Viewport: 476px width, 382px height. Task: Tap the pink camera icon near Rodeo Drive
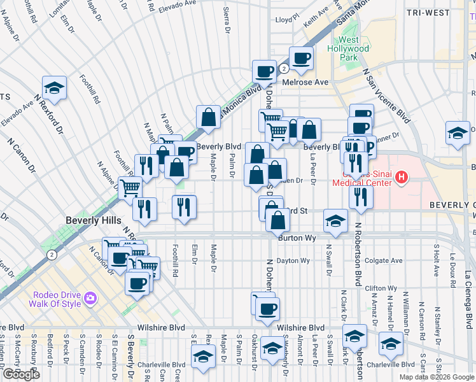click(90, 297)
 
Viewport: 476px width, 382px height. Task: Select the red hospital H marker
click(401, 179)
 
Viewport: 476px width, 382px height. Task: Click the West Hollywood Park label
click(348, 48)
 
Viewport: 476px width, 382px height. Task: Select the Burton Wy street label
click(297, 237)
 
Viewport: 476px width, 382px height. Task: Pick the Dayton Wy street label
click(293, 260)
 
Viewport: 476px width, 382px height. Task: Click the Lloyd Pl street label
click(286, 20)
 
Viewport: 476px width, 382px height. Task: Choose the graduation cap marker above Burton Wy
click(335, 220)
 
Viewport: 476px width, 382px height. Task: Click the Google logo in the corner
click(21, 374)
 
